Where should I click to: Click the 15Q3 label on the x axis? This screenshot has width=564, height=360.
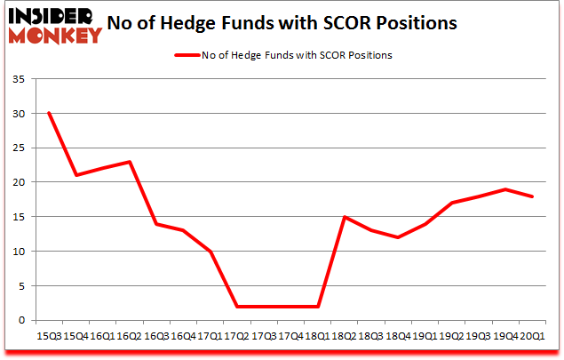(49, 337)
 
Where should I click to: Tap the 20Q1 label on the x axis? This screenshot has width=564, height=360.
(532, 337)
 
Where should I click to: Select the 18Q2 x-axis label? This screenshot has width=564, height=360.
(345, 337)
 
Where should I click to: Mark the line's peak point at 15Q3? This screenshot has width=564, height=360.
(49, 113)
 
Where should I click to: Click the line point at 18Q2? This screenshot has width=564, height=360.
(345, 217)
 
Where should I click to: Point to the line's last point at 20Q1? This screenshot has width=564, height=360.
(532, 196)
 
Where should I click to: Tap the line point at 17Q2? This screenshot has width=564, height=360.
(237, 306)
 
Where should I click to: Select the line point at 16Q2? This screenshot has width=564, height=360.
(130, 162)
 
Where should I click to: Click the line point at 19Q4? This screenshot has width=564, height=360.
(505, 189)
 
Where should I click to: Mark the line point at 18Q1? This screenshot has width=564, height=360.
(318, 306)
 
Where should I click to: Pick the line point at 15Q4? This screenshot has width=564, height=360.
(76, 175)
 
